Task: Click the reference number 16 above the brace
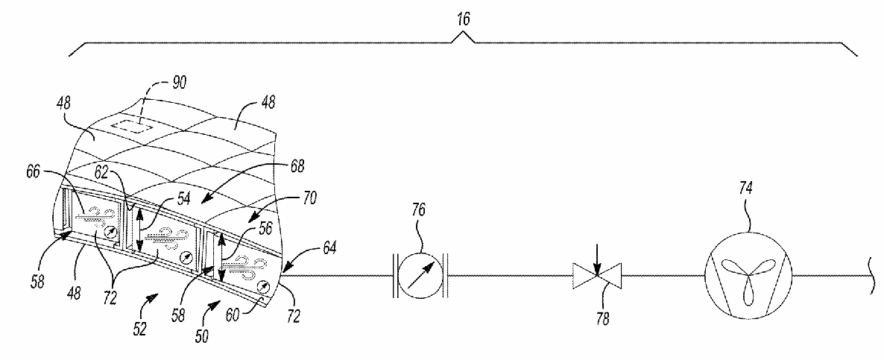tap(464, 20)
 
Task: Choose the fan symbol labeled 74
tap(747, 273)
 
